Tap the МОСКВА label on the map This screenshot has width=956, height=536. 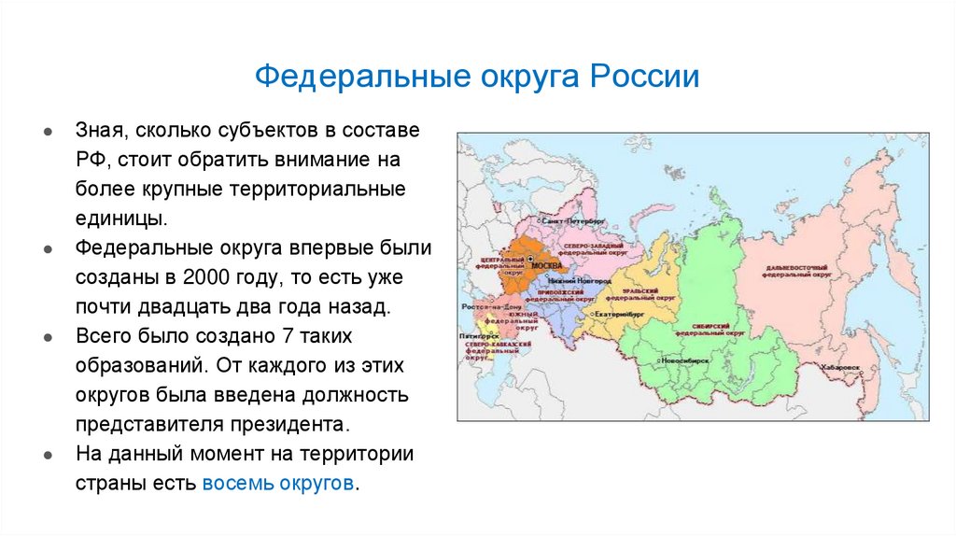546,266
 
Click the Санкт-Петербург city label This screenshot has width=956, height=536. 572,221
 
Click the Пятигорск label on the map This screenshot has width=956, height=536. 475,334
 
